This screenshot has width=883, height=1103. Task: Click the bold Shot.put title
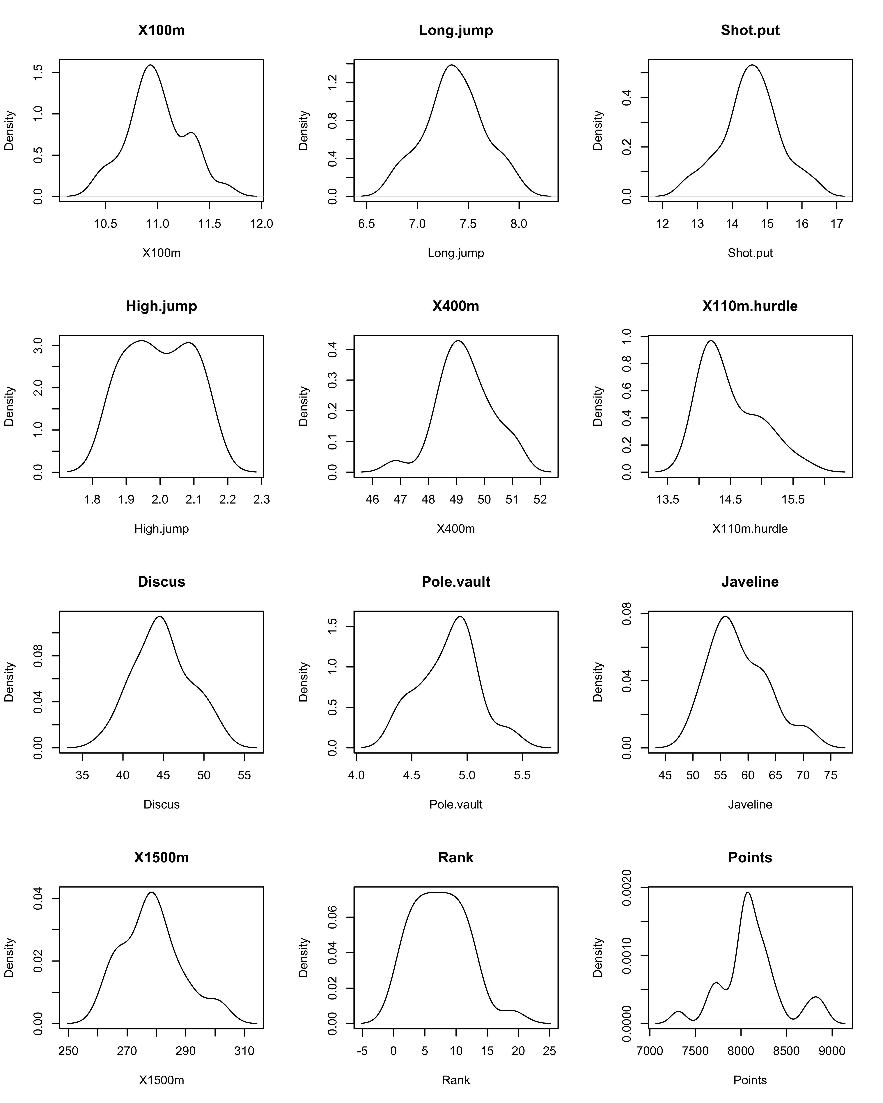(x=750, y=31)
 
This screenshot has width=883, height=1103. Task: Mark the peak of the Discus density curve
(x=160, y=616)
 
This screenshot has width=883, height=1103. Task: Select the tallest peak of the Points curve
(x=748, y=892)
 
